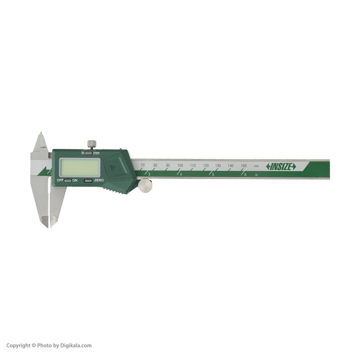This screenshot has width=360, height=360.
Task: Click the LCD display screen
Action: (x=80, y=168)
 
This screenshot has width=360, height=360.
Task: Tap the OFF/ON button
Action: (x=68, y=180)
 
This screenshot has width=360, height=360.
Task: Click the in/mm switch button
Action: (x=88, y=153)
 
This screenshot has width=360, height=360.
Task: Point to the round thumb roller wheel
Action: (x=145, y=186)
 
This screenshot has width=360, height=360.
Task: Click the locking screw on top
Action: (x=92, y=144)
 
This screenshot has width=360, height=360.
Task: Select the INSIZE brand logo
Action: (x=281, y=167)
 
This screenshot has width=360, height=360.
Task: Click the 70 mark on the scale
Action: (x=143, y=165)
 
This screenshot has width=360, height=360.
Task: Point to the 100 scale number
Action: (x=180, y=165)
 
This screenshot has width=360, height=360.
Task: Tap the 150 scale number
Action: (x=243, y=166)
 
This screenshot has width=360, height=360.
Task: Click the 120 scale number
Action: (x=206, y=166)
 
